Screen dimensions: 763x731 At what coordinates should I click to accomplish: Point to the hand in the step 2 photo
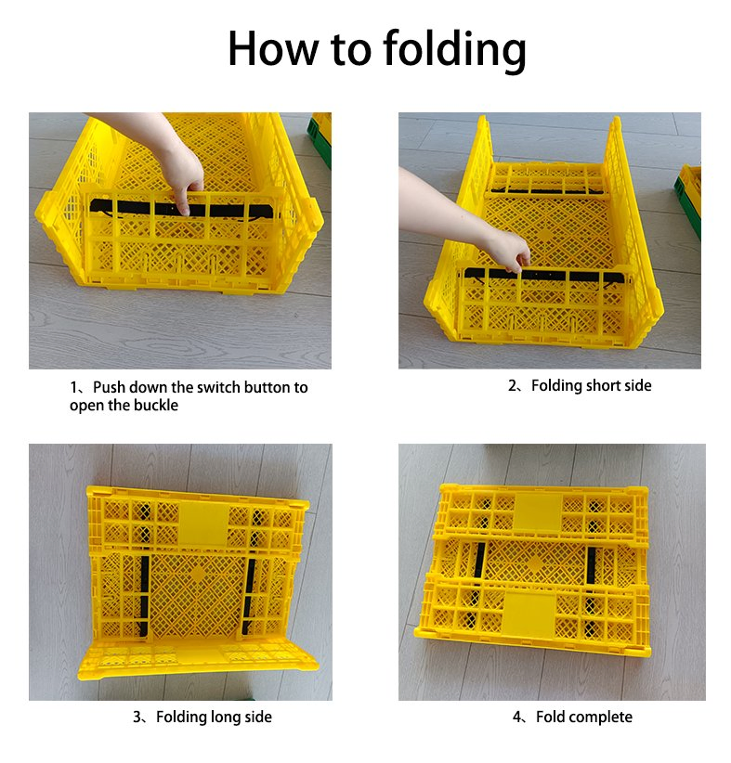pyautogui.click(x=502, y=245)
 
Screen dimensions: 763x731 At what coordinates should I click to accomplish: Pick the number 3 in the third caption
pyautogui.click(x=137, y=717)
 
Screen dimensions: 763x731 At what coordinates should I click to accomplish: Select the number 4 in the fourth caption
pyautogui.click(x=516, y=717)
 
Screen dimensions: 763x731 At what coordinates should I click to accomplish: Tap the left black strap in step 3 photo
pyautogui.click(x=144, y=598)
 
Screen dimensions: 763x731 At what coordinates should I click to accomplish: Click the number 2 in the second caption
pyautogui.click(x=511, y=386)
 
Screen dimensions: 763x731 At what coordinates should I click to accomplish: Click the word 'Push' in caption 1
pyautogui.click(x=110, y=387)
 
